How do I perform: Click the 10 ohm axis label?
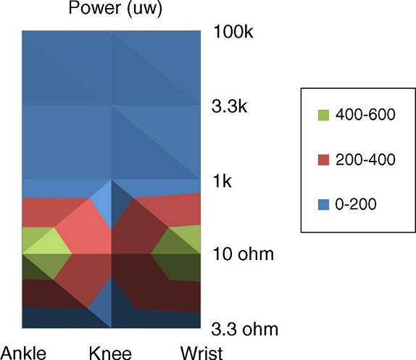click(x=244, y=254)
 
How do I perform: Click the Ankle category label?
click(x=23, y=353)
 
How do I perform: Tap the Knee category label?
click(x=110, y=353)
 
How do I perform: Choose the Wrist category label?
click(x=199, y=353)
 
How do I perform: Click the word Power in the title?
click(x=92, y=9)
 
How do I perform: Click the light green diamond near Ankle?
click(x=46, y=245)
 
